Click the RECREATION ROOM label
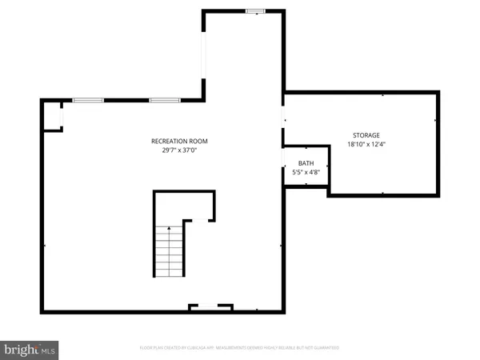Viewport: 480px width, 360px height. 174,142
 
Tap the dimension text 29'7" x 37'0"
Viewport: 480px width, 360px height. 174,150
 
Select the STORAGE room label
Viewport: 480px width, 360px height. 366,135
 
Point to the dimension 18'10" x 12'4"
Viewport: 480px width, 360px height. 366,145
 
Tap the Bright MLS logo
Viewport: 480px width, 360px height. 30,349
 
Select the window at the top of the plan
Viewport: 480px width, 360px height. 255,10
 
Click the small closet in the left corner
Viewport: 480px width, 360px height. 52,117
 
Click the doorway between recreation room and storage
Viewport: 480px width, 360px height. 282,120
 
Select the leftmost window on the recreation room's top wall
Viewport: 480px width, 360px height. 88,100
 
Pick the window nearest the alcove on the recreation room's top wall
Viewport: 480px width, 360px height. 164,100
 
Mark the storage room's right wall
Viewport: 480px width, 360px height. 438,144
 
